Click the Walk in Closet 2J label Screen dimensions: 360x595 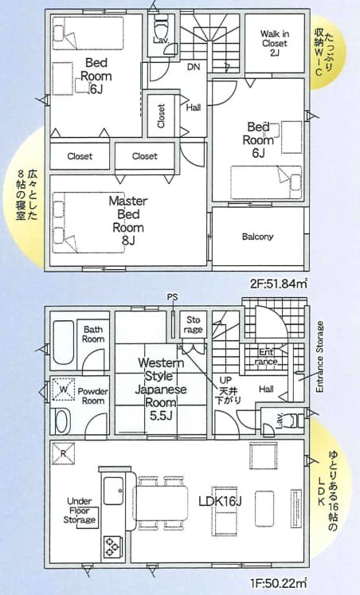point(275,43)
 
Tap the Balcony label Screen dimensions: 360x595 point(257,237)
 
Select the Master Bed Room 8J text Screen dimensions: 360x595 point(128,221)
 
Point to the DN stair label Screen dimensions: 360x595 point(194,67)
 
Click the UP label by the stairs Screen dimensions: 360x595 point(226,380)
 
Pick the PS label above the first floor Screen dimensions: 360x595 point(172,298)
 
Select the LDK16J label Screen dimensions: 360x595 point(220,501)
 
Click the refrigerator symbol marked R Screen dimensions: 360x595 point(63,454)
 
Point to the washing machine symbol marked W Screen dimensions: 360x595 point(64,389)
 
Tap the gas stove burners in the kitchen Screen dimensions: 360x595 point(112,546)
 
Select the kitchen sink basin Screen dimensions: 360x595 point(113,491)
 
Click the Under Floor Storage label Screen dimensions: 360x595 point(80,511)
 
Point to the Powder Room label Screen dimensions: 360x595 point(93,396)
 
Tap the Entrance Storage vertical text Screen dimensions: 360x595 point(320,357)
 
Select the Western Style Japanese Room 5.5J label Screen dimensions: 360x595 point(161,389)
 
